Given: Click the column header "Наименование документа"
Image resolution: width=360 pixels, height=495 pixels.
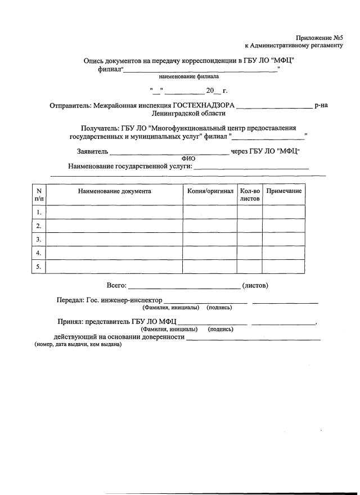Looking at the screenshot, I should [114, 191].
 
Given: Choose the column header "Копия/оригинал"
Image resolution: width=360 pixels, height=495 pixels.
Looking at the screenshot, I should [210, 191].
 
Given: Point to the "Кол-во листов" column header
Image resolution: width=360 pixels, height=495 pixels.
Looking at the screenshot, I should [249, 195].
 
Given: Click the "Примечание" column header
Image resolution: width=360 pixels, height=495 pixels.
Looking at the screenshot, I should [283, 191].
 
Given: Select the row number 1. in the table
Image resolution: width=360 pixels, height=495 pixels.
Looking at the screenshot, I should [39, 213].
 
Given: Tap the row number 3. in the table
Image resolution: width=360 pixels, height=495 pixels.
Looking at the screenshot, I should [39, 240].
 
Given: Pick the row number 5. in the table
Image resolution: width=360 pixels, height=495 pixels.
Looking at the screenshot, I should [39, 267].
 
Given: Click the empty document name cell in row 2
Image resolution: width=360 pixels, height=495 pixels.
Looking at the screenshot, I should [114, 226].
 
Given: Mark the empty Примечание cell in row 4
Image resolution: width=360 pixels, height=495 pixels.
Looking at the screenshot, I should [283, 253].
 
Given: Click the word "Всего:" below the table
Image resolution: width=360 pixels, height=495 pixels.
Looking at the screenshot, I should [116, 286].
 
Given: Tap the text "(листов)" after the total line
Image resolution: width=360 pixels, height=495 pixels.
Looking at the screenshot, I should [255, 286].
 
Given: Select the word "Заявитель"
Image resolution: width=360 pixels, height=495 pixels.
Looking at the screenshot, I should [92, 151].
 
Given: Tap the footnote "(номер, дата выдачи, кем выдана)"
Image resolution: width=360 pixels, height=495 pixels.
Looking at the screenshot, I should [78, 344].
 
